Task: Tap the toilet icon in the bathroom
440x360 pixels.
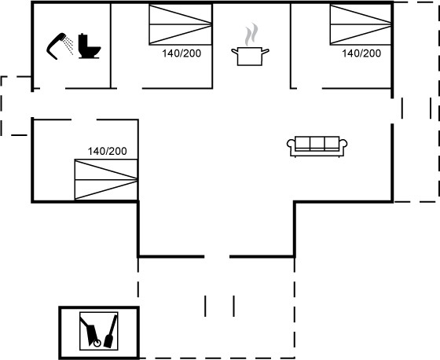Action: [89, 46]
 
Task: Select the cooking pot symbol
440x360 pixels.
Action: [250, 57]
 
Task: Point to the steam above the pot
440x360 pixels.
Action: [251, 35]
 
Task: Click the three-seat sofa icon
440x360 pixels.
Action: [317, 146]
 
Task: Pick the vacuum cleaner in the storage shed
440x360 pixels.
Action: [90, 332]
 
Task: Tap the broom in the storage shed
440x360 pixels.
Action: [110, 332]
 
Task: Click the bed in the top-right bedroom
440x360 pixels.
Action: [361, 24]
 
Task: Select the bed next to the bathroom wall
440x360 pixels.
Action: [180, 24]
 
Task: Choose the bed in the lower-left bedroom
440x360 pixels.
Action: [106, 179]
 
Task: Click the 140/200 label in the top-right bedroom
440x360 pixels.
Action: [361, 53]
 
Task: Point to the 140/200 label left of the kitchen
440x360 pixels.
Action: [181, 53]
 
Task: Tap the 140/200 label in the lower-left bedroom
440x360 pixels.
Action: [107, 152]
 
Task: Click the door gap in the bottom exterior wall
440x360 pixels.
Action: [217, 256]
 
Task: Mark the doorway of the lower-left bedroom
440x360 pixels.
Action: [84, 119]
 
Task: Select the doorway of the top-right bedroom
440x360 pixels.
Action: [310, 88]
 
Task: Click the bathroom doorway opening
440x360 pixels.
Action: [53, 88]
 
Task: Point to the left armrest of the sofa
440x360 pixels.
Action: [291, 145]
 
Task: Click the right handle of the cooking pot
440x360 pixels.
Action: [266, 51]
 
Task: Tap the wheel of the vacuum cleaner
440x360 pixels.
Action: [97, 343]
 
